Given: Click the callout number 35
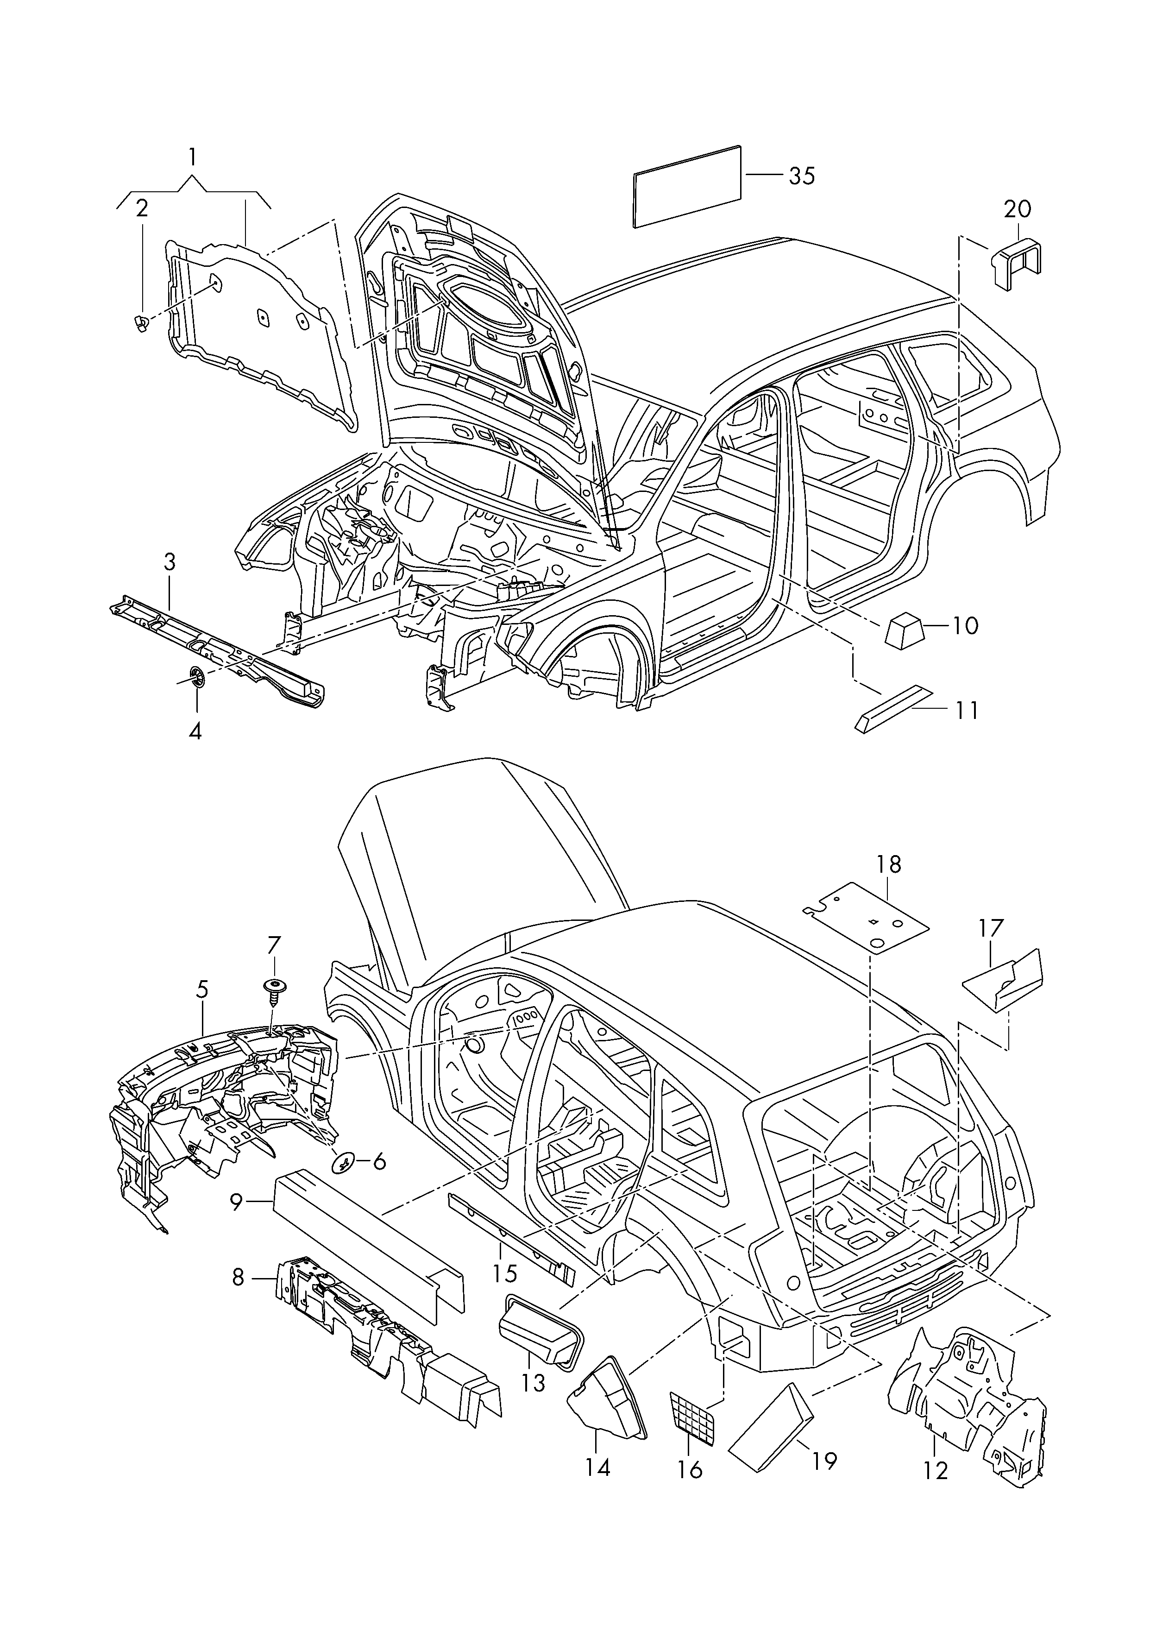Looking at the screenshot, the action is [x=802, y=176].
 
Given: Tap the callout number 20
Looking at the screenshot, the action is [x=1018, y=209].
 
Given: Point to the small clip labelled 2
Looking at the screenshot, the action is [x=140, y=324].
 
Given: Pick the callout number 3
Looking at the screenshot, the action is [x=169, y=562].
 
